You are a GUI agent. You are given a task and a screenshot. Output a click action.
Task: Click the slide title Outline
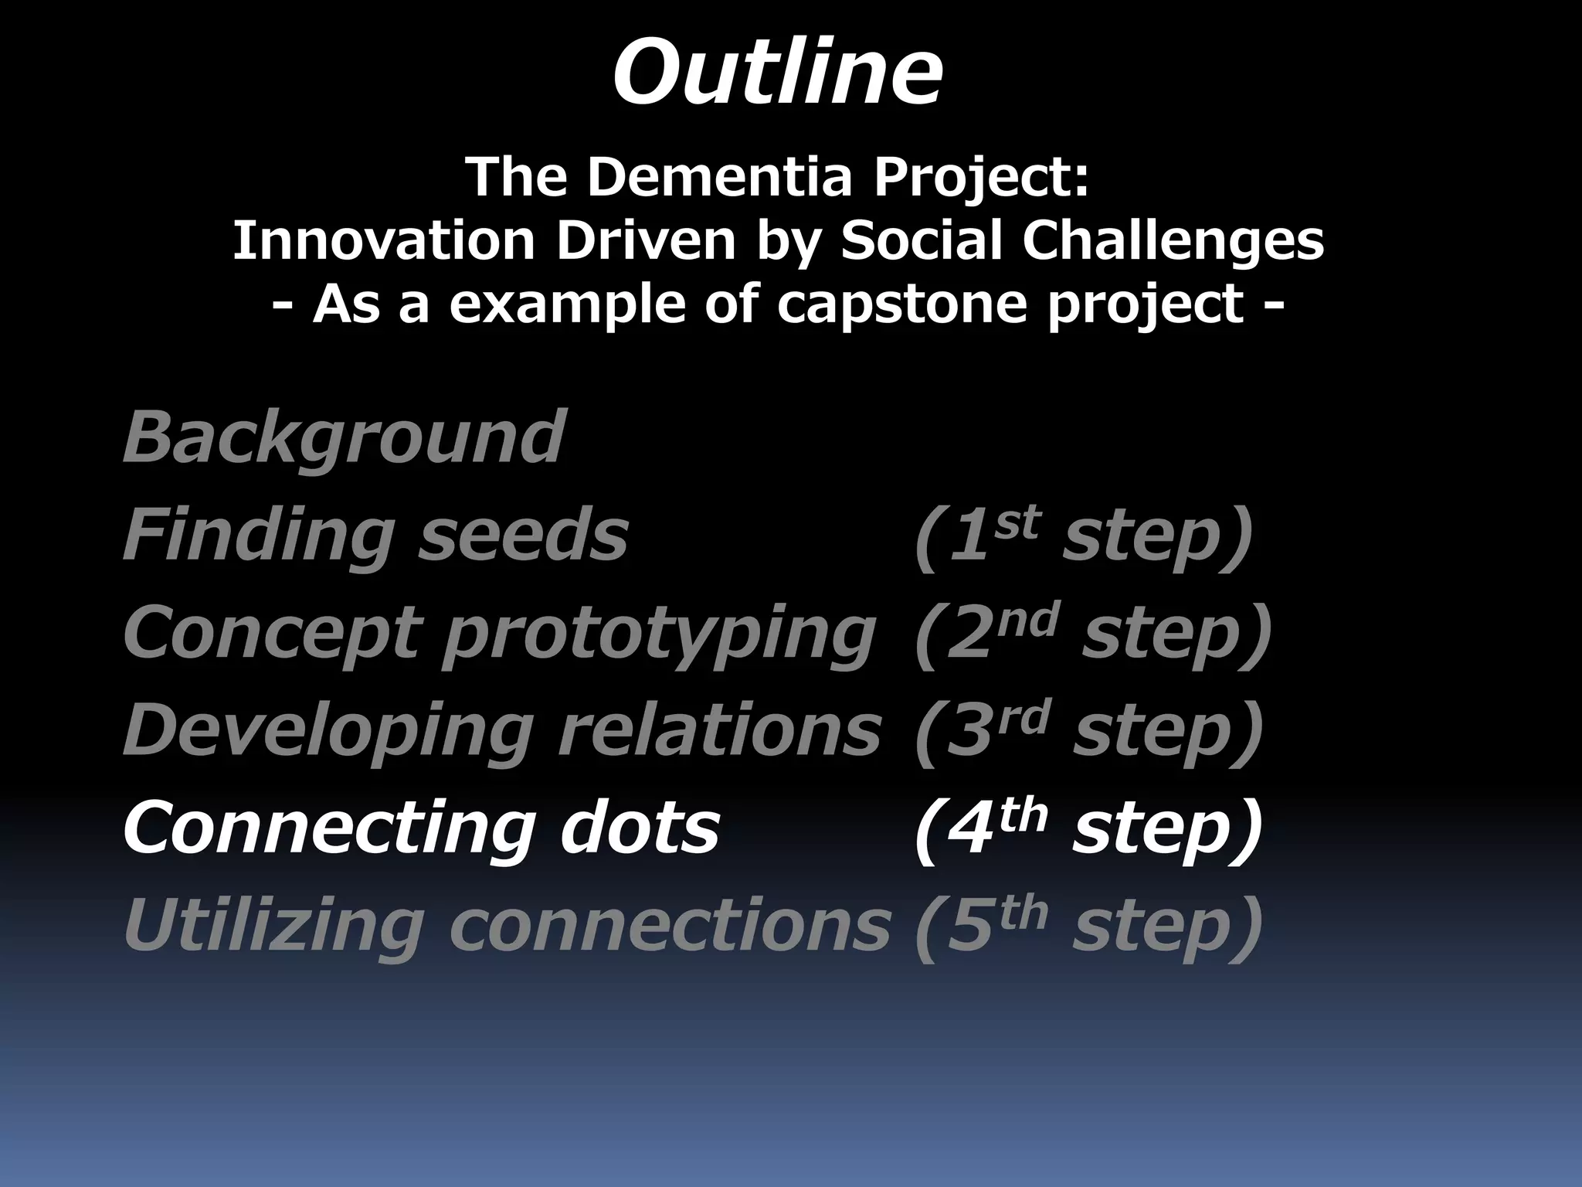pos(777,73)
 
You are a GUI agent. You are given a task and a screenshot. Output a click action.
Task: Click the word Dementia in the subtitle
pos(719,176)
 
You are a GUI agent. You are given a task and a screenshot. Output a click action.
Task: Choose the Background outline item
pos(345,437)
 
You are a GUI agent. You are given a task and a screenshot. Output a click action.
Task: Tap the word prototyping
pos(659,634)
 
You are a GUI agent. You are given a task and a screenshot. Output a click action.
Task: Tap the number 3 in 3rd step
pos(969,733)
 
